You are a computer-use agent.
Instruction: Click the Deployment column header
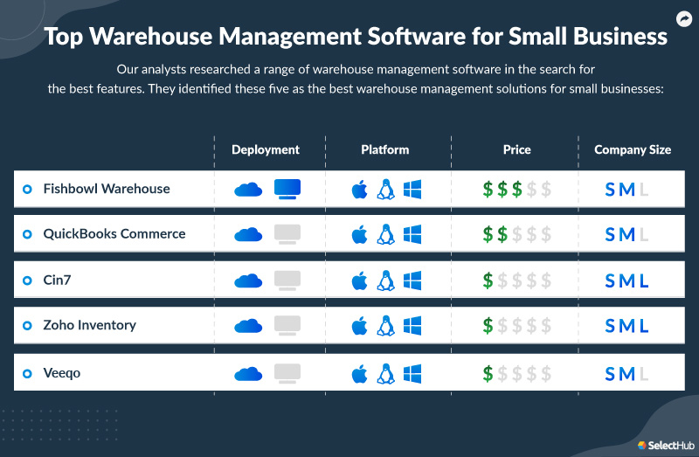(x=266, y=149)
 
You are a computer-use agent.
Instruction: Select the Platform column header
(x=384, y=149)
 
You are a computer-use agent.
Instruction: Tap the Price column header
(x=516, y=149)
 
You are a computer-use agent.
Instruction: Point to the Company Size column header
(x=633, y=149)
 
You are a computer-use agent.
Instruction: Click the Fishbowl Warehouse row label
(x=107, y=189)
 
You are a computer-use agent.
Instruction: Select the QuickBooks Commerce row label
(x=114, y=234)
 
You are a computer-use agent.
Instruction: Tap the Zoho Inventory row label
(x=90, y=325)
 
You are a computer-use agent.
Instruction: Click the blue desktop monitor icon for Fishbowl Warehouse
(x=287, y=188)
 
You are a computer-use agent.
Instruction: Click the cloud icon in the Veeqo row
(x=248, y=374)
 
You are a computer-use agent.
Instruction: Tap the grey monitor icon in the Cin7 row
(x=287, y=280)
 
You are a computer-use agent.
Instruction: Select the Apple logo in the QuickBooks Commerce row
(x=358, y=234)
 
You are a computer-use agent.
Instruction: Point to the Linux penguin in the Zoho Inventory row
(x=385, y=326)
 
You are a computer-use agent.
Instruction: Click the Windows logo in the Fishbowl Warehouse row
(x=412, y=189)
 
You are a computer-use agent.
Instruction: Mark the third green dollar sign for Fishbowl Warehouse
(x=517, y=189)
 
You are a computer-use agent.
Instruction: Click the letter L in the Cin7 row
(x=644, y=280)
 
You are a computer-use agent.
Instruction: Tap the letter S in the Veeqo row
(x=610, y=374)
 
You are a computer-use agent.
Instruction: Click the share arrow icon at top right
(x=684, y=17)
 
